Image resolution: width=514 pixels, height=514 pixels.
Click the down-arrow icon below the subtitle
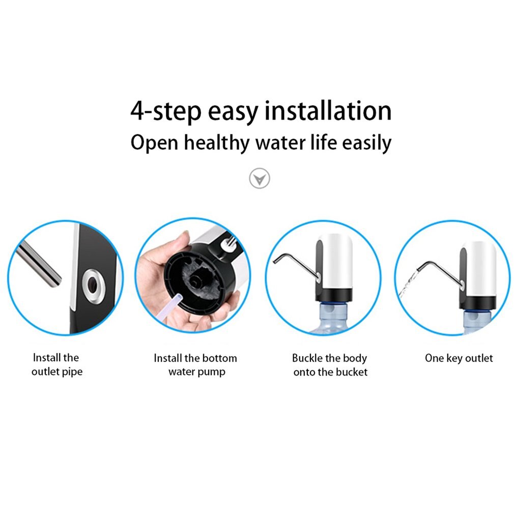click(260, 178)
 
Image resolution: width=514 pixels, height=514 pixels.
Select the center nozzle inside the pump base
click(196, 280)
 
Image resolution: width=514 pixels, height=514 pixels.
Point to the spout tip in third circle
click(275, 261)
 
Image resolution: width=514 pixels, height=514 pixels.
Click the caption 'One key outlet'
click(459, 358)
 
